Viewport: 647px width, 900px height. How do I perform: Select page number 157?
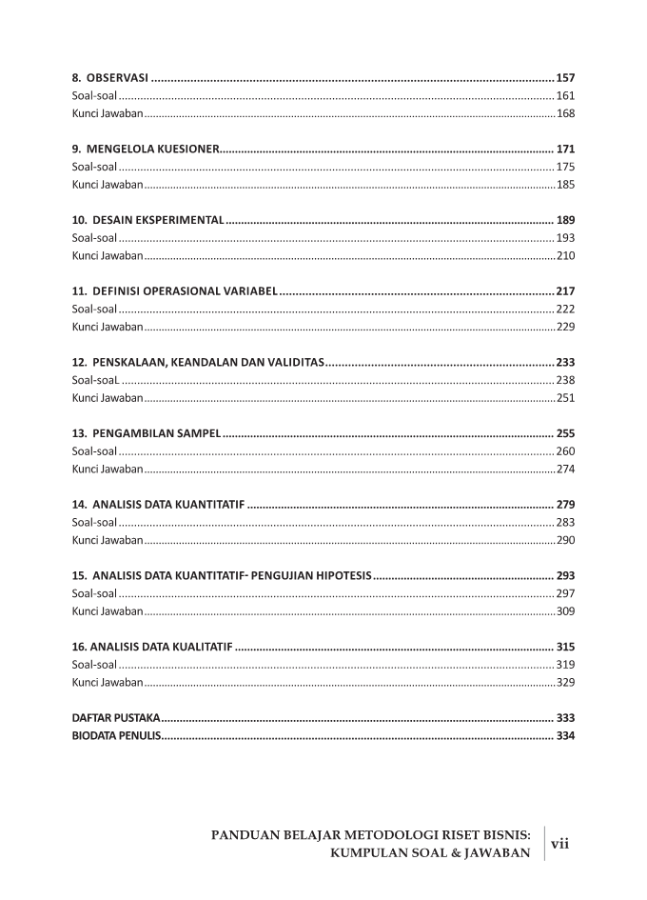point(565,77)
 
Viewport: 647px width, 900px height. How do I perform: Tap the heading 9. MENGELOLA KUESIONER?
point(147,149)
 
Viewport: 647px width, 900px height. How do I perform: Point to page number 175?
point(565,167)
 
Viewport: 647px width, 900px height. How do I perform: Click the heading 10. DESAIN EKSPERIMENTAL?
point(148,220)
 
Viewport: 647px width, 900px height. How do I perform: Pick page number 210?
point(565,255)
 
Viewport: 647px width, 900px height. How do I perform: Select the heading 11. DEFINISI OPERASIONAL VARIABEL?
point(174,290)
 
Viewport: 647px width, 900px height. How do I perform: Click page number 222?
point(565,309)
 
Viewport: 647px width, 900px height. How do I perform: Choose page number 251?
point(565,397)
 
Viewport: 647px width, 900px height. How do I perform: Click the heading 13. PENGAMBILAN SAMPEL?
point(147,432)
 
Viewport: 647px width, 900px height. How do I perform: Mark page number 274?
point(565,469)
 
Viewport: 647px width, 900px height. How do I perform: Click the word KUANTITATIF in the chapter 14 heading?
point(209,504)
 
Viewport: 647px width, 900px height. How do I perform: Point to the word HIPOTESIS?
point(339,575)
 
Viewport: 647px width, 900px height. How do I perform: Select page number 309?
point(565,610)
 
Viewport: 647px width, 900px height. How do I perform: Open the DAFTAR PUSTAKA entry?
point(116,717)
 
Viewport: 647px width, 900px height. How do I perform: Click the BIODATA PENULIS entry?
point(117,735)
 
